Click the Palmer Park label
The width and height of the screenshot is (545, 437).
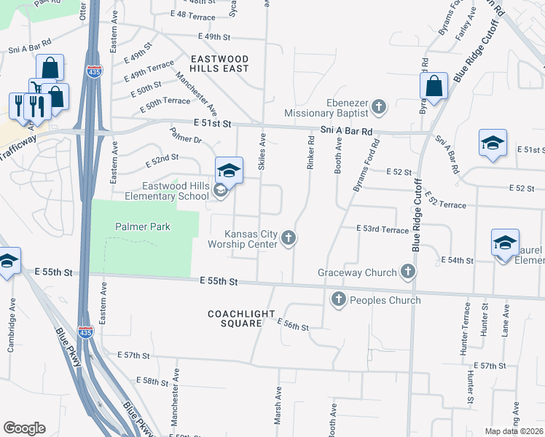pos(143,227)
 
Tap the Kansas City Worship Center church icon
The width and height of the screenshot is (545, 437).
pos(289,237)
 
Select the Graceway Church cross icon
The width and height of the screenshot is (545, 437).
pos(407,272)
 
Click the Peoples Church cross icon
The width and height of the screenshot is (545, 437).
pos(338,299)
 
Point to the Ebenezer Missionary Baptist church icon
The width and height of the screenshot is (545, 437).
pos(378,108)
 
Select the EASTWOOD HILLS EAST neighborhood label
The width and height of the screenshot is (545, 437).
pos(219,63)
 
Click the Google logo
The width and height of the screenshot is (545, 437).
pos(24,428)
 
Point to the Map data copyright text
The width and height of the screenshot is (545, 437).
pos(514,431)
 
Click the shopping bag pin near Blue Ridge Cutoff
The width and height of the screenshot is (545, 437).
pos(434,87)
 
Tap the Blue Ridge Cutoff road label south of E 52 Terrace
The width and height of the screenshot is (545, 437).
pos(416,216)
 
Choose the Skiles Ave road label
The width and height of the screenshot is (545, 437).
pos(262,151)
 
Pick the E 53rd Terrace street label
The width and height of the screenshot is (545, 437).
pos(383,229)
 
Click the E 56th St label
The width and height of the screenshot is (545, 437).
pos(294,325)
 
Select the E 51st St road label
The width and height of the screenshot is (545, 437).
pos(212,125)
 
